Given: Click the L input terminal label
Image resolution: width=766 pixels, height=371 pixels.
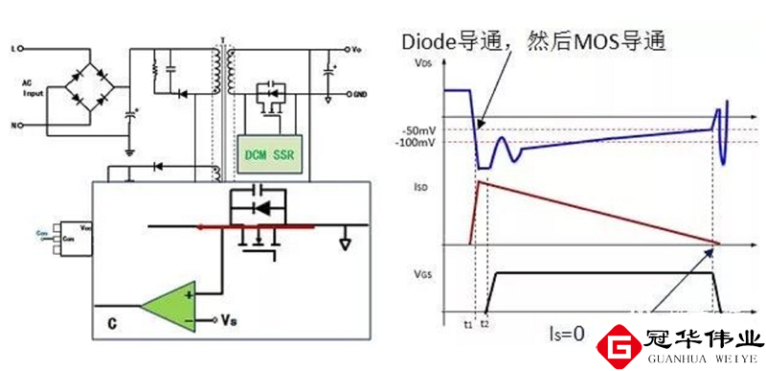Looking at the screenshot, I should pyautogui.click(x=12, y=46).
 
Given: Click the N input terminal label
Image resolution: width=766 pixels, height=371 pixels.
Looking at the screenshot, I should pyautogui.click(x=12, y=126).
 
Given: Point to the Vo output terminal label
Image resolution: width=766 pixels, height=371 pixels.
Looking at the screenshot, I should pyautogui.click(x=356, y=48).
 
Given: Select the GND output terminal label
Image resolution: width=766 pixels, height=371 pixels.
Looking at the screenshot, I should pyautogui.click(x=358, y=96).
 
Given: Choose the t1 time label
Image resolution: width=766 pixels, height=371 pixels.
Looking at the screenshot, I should pyautogui.click(x=469, y=324).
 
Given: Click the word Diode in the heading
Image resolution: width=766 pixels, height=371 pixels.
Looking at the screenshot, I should pyautogui.click(x=429, y=43).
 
